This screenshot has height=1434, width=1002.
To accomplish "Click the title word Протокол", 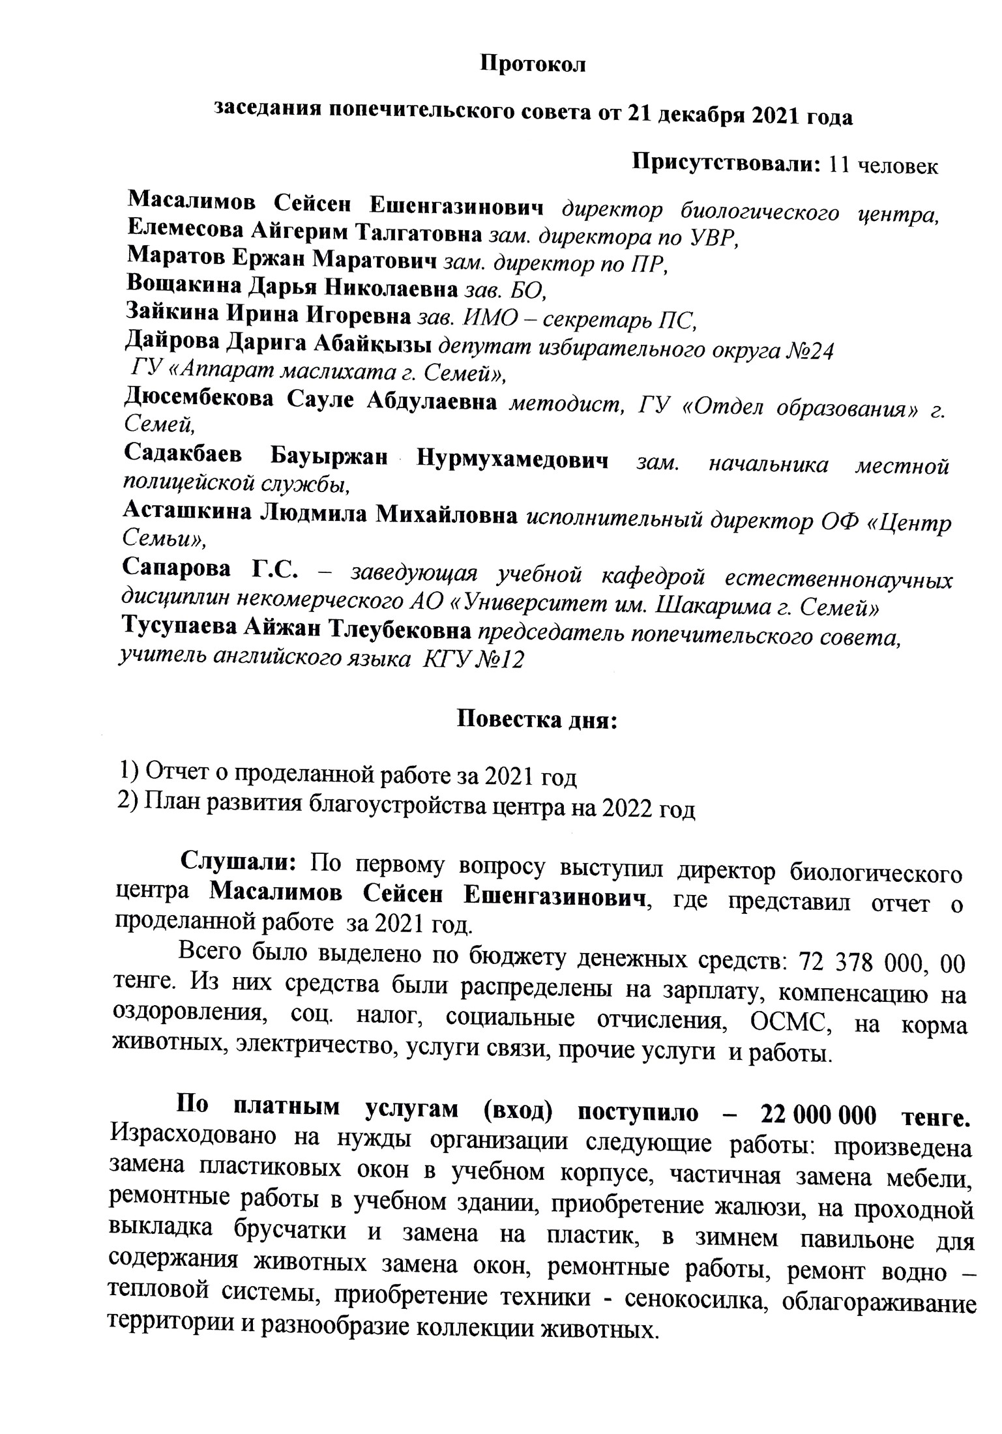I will (533, 65).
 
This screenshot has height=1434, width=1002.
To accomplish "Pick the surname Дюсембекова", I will (199, 399).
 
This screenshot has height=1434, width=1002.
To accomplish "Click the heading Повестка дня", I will (535, 721).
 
